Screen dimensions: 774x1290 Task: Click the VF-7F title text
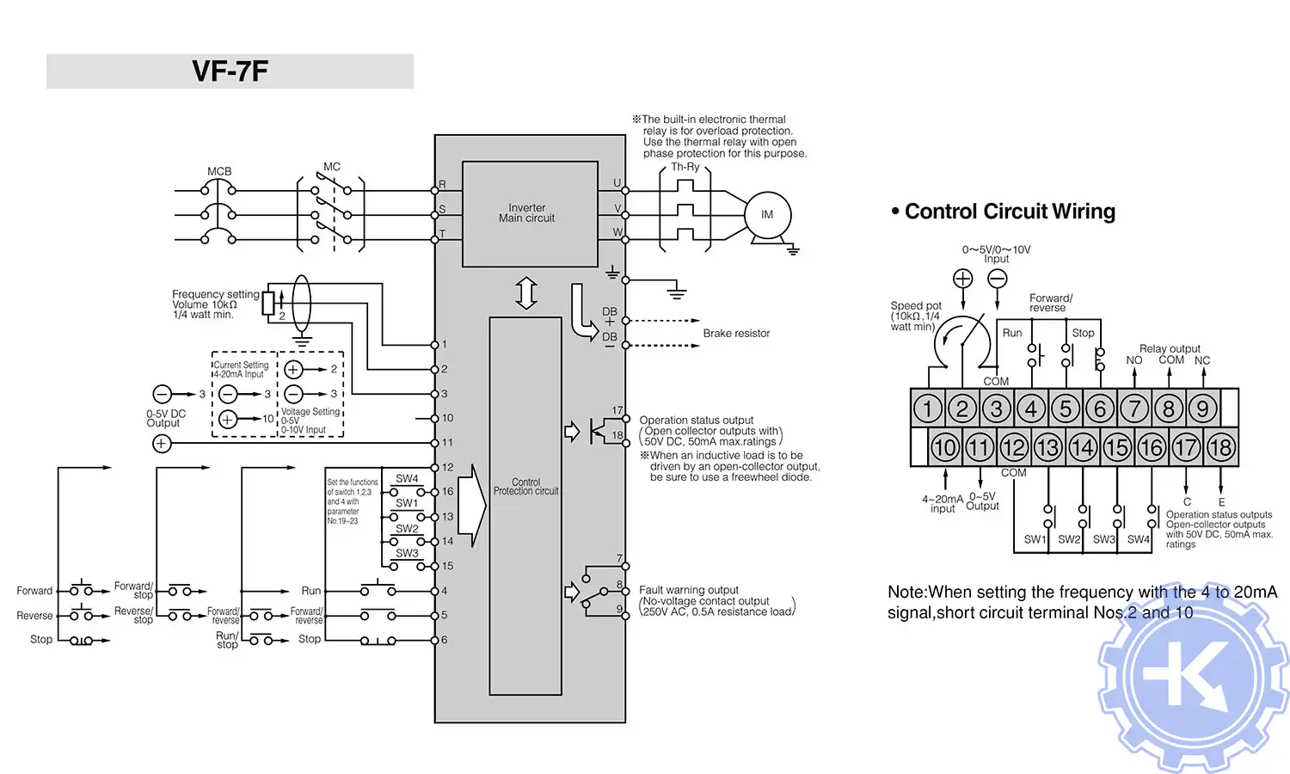click(x=230, y=71)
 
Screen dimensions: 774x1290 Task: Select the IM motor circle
click(x=766, y=215)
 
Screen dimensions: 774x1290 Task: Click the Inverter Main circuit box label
click(x=526, y=213)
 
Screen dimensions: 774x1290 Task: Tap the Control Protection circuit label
click(x=525, y=487)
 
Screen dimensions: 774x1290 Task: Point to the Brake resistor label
click(x=736, y=334)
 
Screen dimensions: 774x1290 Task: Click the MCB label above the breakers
click(x=219, y=171)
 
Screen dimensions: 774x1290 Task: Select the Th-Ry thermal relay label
click(x=685, y=167)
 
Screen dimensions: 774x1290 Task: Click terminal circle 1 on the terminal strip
click(x=927, y=408)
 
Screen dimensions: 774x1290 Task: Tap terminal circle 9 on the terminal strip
click(x=1202, y=408)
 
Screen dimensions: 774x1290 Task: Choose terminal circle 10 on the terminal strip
click(x=944, y=447)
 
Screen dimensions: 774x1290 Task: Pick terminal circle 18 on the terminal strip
click(x=1220, y=447)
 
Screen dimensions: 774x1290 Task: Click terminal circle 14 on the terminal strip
click(x=1082, y=447)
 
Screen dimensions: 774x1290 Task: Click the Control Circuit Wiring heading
click(x=1010, y=212)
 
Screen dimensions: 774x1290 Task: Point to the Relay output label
click(x=1170, y=348)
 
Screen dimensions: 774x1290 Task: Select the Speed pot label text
click(x=915, y=306)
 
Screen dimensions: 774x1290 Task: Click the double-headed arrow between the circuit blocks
click(x=526, y=293)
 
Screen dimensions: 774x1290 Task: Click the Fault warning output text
click(x=689, y=590)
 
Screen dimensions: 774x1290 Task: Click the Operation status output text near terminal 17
click(x=696, y=421)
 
